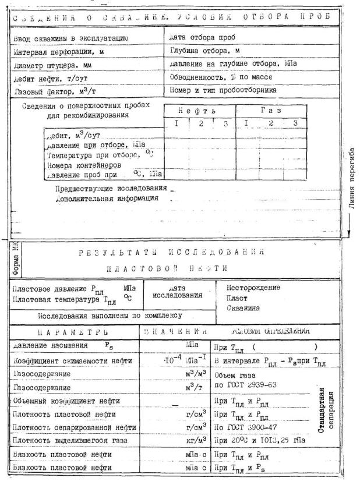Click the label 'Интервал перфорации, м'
tap(53, 51)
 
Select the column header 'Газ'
tap(270, 111)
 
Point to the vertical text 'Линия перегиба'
tap(351, 186)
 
